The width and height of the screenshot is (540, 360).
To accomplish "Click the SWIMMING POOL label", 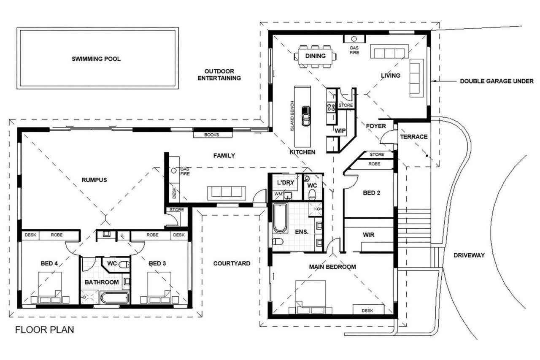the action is tap(96, 59).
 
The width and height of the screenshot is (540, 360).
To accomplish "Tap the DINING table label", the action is tap(315, 56).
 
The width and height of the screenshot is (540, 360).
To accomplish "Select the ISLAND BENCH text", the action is tap(292, 116).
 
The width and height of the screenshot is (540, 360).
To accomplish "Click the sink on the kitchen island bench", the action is tap(306, 116).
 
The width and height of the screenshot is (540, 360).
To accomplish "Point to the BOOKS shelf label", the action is tap(212, 135).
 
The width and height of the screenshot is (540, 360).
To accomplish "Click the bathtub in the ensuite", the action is tap(280, 218).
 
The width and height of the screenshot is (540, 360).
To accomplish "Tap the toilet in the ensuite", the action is tap(278, 241).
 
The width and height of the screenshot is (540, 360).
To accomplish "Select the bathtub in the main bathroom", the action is tap(114, 298).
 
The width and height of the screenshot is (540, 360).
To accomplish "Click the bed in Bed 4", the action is tap(50, 288).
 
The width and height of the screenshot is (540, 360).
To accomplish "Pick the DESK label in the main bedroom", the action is tap(367, 311).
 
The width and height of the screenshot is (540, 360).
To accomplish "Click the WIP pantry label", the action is tap(340, 131).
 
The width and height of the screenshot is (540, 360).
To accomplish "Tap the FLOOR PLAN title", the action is tap(45, 330).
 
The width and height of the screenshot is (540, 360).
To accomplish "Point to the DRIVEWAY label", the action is tap(469, 255).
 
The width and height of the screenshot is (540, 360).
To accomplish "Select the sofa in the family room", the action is tap(227, 193).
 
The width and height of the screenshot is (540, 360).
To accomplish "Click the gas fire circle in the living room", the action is tap(354, 39).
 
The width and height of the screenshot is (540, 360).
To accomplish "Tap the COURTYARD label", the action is tap(232, 263).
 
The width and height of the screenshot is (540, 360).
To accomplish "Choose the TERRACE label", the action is tap(414, 137).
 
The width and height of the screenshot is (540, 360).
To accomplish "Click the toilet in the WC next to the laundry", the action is tap(312, 194).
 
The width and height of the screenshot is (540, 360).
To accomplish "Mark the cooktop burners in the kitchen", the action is tap(331, 107).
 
